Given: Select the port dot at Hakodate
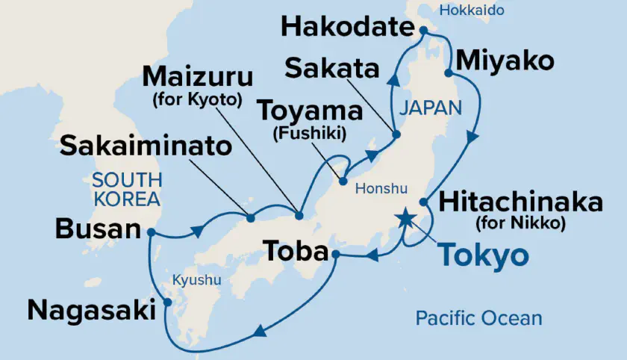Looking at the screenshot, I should click(x=422, y=31).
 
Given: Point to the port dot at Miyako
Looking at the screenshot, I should click(x=449, y=73).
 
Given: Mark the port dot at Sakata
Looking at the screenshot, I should click(x=396, y=135).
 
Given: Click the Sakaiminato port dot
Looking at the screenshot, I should click(x=250, y=218).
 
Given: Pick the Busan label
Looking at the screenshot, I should click(x=98, y=229).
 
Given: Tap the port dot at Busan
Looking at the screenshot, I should click(x=151, y=232).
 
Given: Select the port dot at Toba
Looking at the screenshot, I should click(x=336, y=255).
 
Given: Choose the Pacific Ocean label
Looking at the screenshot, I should click(x=478, y=318).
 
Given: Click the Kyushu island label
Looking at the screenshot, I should click(x=197, y=280).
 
